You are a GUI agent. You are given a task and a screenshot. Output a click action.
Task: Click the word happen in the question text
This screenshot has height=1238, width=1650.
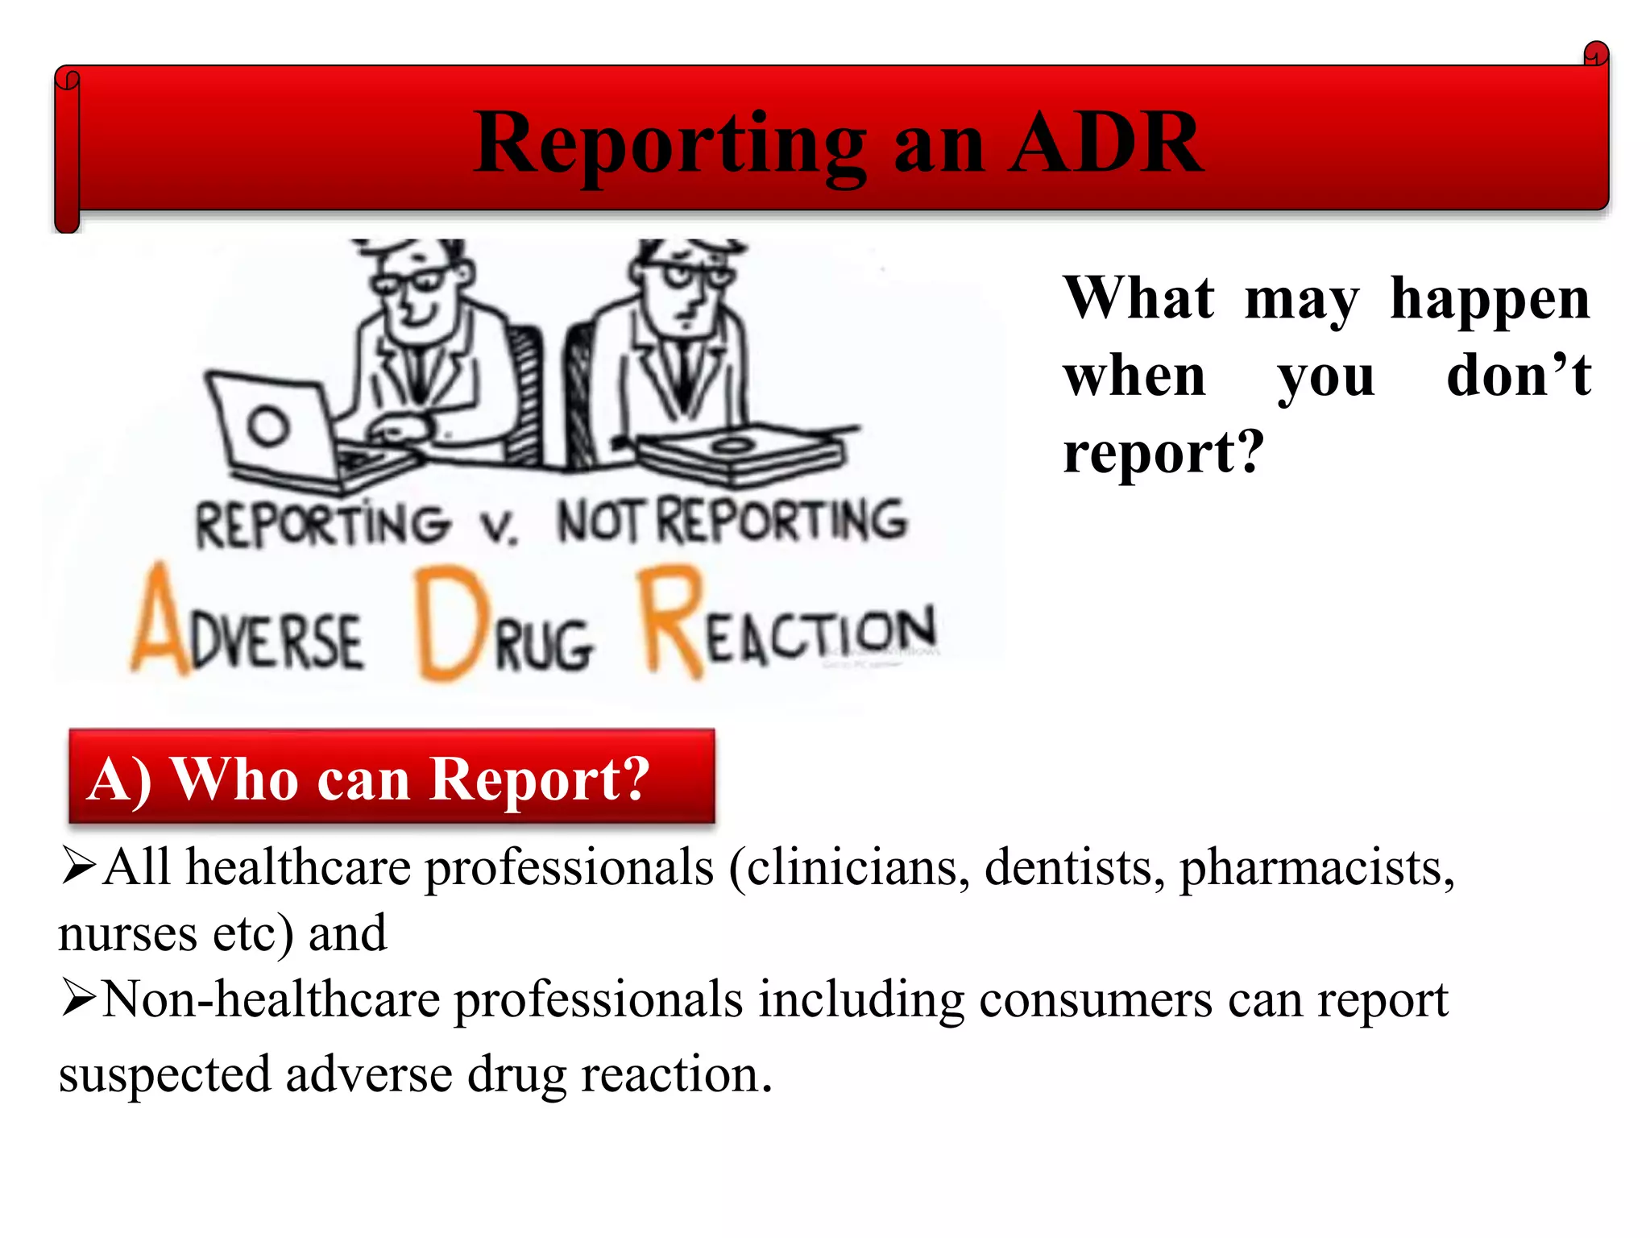pyautogui.click(x=1490, y=300)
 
